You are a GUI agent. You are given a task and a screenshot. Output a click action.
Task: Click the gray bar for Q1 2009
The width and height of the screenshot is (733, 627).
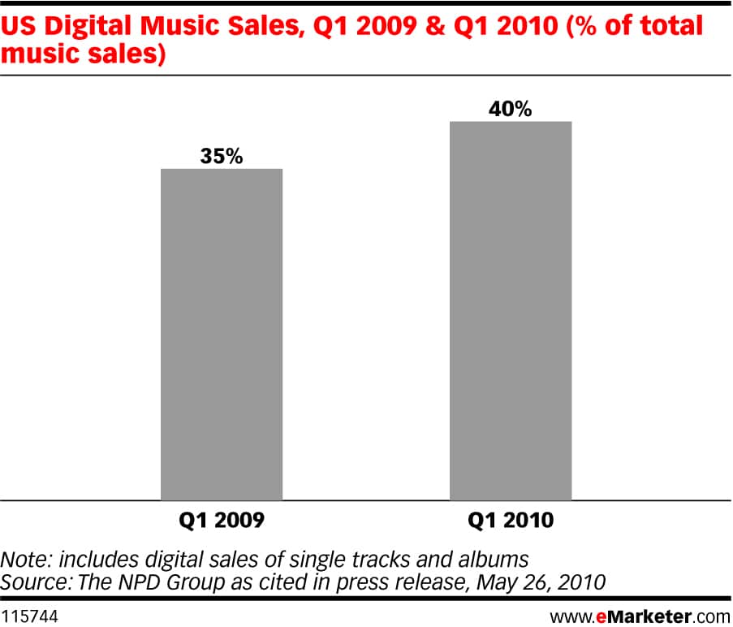point(221,334)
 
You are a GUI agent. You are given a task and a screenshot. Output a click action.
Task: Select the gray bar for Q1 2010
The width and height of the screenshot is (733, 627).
point(511,310)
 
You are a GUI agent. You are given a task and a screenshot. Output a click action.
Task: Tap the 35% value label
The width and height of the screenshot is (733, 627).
point(221,156)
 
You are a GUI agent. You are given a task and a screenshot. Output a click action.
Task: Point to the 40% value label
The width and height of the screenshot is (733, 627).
point(511,109)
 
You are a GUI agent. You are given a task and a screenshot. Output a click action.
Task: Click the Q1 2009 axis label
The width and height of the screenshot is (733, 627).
point(221,521)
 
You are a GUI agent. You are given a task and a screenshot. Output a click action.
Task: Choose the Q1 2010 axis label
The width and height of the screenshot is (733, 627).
point(511,521)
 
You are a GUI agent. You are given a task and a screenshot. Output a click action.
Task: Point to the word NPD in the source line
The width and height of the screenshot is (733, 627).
point(128,582)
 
